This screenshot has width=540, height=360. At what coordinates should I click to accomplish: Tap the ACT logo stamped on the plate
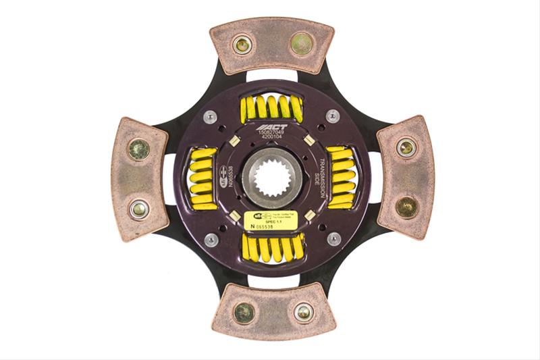(272, 127)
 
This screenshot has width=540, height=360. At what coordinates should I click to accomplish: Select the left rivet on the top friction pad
(241, 45)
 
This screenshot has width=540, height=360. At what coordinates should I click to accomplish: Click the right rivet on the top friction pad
(302, 45)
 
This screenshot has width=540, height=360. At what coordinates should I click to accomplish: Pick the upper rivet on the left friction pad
(140, 149)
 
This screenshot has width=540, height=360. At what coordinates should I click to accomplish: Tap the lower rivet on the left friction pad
(140, 209)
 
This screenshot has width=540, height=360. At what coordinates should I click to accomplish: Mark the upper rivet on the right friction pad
(406, 147)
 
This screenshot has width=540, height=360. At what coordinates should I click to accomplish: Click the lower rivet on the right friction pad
(406, 207)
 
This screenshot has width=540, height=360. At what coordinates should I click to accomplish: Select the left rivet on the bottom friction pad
(244, 312)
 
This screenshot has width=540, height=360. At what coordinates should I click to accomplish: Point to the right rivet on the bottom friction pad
(303, 311)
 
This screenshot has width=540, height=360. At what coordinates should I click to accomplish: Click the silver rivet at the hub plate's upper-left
(211, 117)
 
